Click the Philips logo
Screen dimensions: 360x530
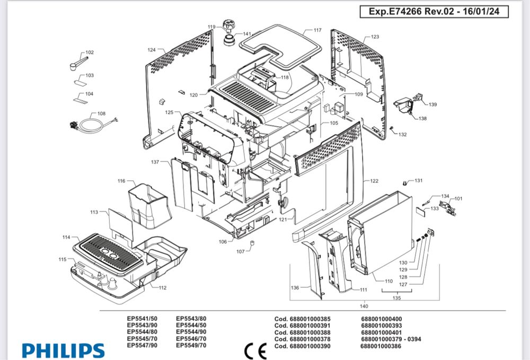(63, 350)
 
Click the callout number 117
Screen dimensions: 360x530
(317, 30)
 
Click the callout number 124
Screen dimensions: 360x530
(152, 50)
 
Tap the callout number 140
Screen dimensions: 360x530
(364, 306)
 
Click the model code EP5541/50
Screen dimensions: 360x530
(142, 319)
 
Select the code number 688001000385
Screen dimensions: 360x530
(302, 319)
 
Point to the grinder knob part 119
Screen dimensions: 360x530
(229, 24)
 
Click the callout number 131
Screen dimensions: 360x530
(419, 181)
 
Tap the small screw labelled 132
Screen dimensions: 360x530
(392, 128)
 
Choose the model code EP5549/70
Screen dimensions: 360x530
(191, 345)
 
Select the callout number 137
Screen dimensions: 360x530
(155, 161)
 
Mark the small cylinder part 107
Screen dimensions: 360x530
(253, 243)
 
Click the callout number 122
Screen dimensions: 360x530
(374, 181)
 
